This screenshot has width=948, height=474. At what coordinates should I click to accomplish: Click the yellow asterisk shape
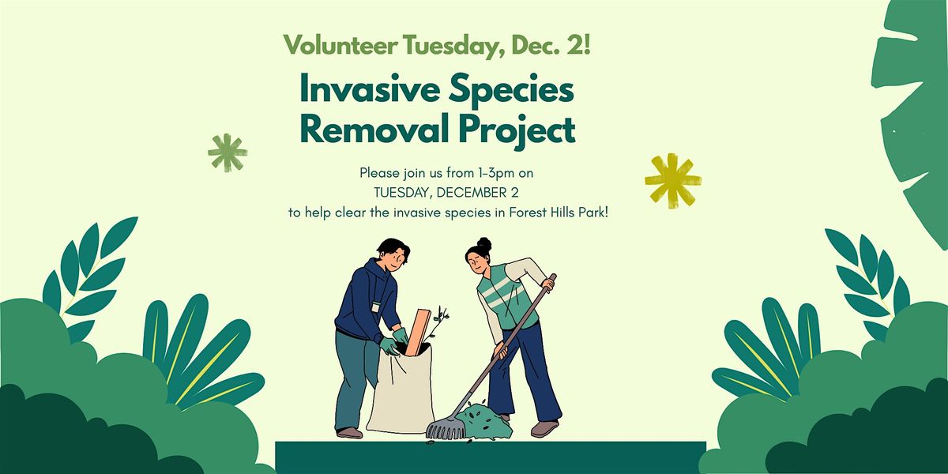click(x=672, y=180)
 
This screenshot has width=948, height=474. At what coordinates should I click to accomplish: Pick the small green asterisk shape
click(x=228, y=152)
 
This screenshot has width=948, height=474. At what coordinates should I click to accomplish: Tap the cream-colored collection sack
click(x=400, y=391)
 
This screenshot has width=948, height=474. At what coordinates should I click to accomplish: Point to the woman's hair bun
click(x=483, y=244)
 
